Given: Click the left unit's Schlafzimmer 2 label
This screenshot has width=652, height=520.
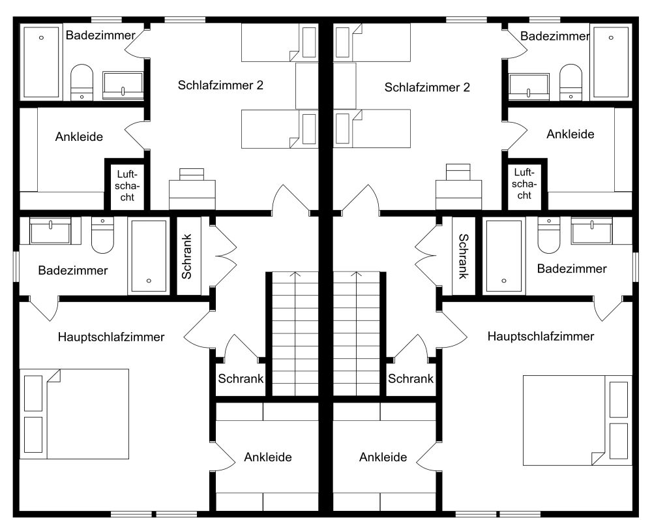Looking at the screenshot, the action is [220, 85].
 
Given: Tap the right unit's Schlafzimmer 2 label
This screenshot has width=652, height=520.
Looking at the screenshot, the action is [427, 87].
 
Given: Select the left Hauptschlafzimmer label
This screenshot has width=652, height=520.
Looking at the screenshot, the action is [111, 337].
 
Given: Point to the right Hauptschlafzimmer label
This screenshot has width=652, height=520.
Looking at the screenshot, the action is [541, 336].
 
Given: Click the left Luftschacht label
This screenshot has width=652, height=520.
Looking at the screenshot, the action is [127, 185].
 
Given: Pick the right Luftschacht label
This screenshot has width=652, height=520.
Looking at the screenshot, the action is [524, 183].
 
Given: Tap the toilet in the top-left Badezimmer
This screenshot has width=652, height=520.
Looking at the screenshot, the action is [82, 82].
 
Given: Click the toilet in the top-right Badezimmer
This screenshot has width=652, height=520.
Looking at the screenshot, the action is [571, 82].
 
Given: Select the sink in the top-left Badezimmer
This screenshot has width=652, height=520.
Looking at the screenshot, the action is [123, 85].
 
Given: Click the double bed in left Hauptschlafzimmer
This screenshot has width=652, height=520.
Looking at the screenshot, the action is [74, 414].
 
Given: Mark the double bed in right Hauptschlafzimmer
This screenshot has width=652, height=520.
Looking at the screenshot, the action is [578, 420].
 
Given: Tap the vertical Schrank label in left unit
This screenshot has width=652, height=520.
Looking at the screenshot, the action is [186, 256].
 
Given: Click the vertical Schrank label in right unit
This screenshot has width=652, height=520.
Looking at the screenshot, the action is [464, 256].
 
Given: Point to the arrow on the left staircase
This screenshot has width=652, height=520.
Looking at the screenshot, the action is [295, 333].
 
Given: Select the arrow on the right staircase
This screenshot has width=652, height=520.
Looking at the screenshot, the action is [357, 333].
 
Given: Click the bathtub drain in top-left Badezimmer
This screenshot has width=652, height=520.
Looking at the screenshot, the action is [41, 38].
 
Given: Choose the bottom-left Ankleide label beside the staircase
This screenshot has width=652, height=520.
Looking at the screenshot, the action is [268, 457].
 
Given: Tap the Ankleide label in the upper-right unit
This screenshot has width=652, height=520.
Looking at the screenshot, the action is [570, 134].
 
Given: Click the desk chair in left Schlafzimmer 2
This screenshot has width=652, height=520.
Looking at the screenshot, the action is [192, 174].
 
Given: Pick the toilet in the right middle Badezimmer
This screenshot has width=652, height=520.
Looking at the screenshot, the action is [548, 235].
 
